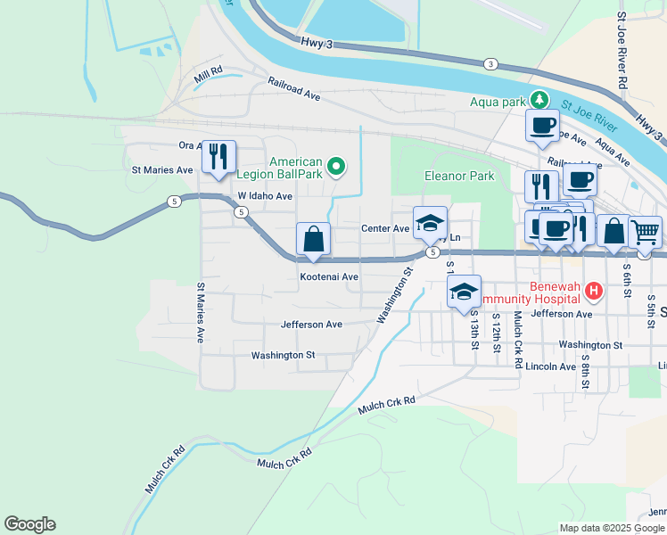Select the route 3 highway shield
tap(490, 63)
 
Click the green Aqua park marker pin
tap(538, 99)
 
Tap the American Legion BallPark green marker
tap(335, 164)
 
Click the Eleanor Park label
tap(459, 177)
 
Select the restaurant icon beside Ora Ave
tap(218, 156)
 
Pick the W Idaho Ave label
tap(265, 196)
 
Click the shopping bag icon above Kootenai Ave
tap(314, 238)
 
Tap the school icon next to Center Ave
tap(430, 223)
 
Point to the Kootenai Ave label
tap(328, 277)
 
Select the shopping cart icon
tap(645, 232)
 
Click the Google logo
tap(29, 524)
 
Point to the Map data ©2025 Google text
tap(612, 528)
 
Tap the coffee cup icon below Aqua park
tap(542, 125)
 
